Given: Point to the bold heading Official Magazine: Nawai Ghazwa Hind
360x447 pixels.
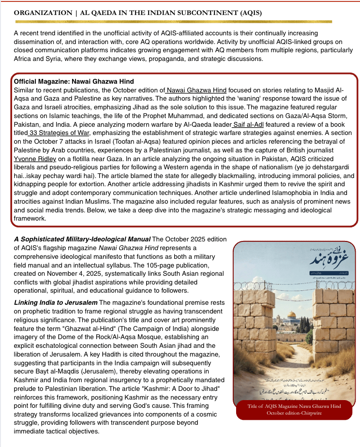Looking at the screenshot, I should click(x=74, y=82).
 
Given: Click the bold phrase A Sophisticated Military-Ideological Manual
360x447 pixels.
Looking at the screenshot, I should click(x=82, y=239).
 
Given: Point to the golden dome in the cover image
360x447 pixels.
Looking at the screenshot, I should click(x=291, y=315).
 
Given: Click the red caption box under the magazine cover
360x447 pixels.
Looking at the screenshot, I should click(x=293, y=409).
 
